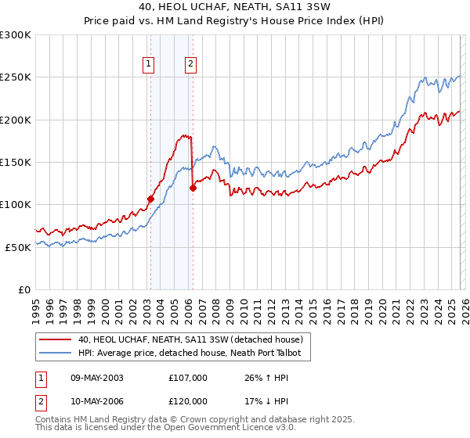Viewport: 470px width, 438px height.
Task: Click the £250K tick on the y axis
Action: (16, 77)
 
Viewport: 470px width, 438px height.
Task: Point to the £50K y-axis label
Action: (18, 247)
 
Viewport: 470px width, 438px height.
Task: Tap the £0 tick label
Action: (23, 289)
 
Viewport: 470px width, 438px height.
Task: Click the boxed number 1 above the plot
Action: (149, 65)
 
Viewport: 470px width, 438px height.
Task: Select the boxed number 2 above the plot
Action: (190, 65)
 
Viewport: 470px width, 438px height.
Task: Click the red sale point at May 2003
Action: (150, 199)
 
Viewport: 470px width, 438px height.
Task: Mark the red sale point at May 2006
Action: (193, 188)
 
